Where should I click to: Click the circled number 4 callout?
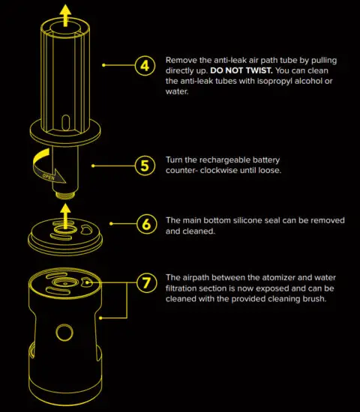(144, 65)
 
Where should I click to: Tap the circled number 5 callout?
(144, 165)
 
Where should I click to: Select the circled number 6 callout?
(144, 223)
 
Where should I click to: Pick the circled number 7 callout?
(144, 283)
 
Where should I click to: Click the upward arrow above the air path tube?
(65, 13)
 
